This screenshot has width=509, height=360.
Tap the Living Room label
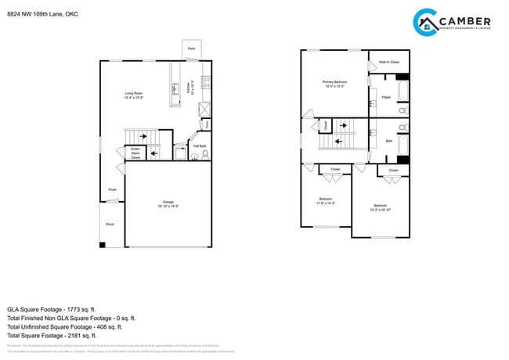(134, 95)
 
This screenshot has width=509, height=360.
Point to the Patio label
(192, 49)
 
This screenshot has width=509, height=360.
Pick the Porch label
(110, 224)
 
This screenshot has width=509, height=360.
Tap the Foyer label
(112, 189)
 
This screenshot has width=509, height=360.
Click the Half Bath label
(200, 146)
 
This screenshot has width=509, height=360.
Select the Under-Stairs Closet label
(135, 153)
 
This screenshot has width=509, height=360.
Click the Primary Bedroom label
(334, 83)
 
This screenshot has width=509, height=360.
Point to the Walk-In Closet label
(389, 62)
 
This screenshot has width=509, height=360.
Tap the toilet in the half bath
(205, 155)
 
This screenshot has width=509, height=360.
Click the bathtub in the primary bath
(403, 93)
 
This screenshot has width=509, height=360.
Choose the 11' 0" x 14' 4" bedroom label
(326, 201)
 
